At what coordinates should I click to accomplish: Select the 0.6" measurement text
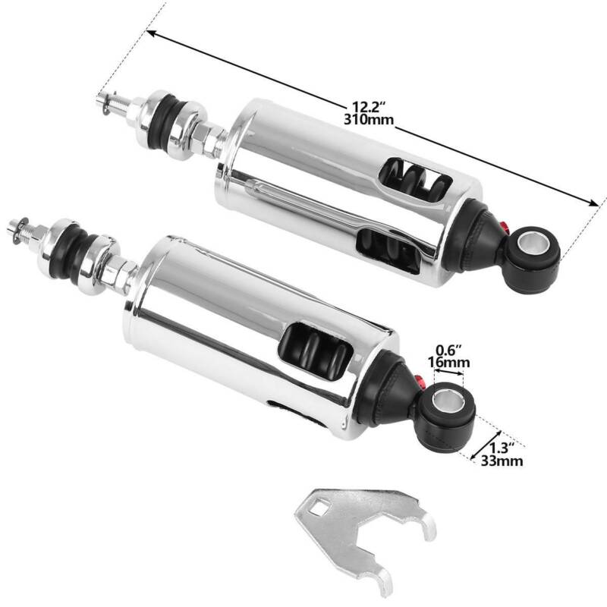pos(448,351)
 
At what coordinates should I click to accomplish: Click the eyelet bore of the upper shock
pos(533,246)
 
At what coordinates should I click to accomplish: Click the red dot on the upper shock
pos(506,225)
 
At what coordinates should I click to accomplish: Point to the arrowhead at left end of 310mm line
pos(152,33)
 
